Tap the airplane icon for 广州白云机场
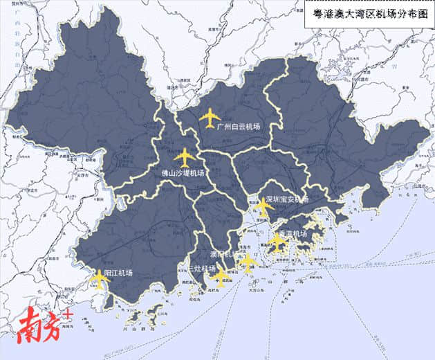(x=210, y=118)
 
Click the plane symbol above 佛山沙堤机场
(x=185, y=157)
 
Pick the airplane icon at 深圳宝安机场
(x=263, y=205)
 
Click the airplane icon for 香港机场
(x=277, y=242)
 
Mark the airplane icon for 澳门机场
(x=247, y=262)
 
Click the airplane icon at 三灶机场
(x=221, y=278)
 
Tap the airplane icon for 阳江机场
(x=100, y=279)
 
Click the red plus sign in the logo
(x=68, y=314)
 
